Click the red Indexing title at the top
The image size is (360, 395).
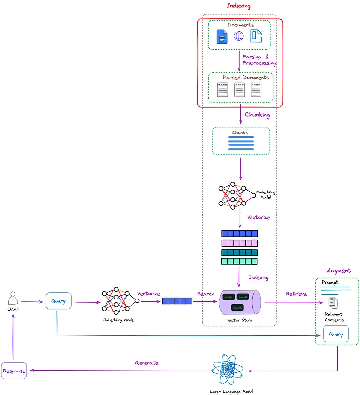point(239,6)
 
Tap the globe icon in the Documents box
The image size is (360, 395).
point(239,36)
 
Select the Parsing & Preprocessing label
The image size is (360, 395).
point(259,60)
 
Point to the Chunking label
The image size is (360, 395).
point(257,115)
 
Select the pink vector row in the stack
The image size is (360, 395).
point(239,243)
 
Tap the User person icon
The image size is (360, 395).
point(13,300)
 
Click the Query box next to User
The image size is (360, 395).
point(59,301)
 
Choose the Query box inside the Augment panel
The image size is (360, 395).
point(336,334)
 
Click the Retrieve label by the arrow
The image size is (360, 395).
point(296,294)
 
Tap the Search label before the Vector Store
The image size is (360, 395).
point(205,294)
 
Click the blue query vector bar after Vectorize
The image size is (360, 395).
point(177,301)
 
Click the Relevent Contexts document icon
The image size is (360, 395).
point(333,302)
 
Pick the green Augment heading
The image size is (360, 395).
point(338,271)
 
